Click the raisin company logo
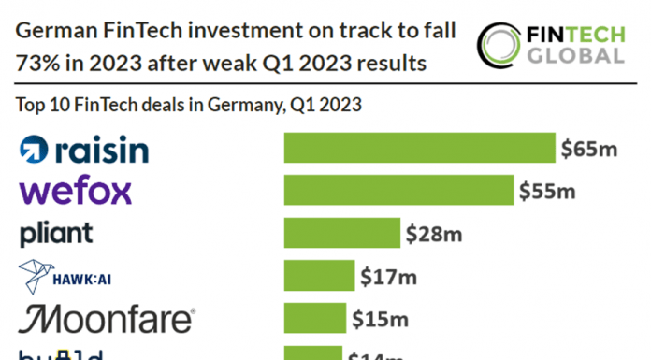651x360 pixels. (84, 149)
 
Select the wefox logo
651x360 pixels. (76, 192)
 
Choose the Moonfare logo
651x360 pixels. (107, 319)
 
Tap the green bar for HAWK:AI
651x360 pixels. (319, 276)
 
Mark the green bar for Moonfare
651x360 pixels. (314, 319)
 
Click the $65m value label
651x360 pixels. (589, 148)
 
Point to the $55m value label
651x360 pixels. (548, 191)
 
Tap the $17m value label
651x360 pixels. (388, 276)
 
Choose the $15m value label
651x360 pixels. (380, 319)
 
